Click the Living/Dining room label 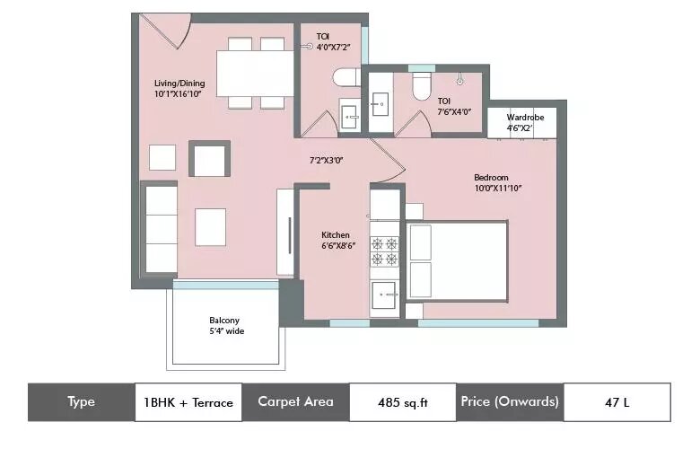point(179,84)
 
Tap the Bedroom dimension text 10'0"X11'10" point(498,188)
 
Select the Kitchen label point(336,235)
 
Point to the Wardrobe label point(525,118)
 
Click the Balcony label point(224,321)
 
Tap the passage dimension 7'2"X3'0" point(327,161)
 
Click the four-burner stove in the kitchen point(384,251)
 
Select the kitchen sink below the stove point(384,295)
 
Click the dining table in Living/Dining point(255,74)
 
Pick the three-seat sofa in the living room point(159,228)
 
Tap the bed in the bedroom point(457,261)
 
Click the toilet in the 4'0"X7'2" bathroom point(346,77)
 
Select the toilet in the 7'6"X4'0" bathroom point(421,86)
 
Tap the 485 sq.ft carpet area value point(403,402)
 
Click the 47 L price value point(617,402)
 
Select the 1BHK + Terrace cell point(188,402)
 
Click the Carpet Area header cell point(295,402)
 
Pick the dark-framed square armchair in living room point(209,159)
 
